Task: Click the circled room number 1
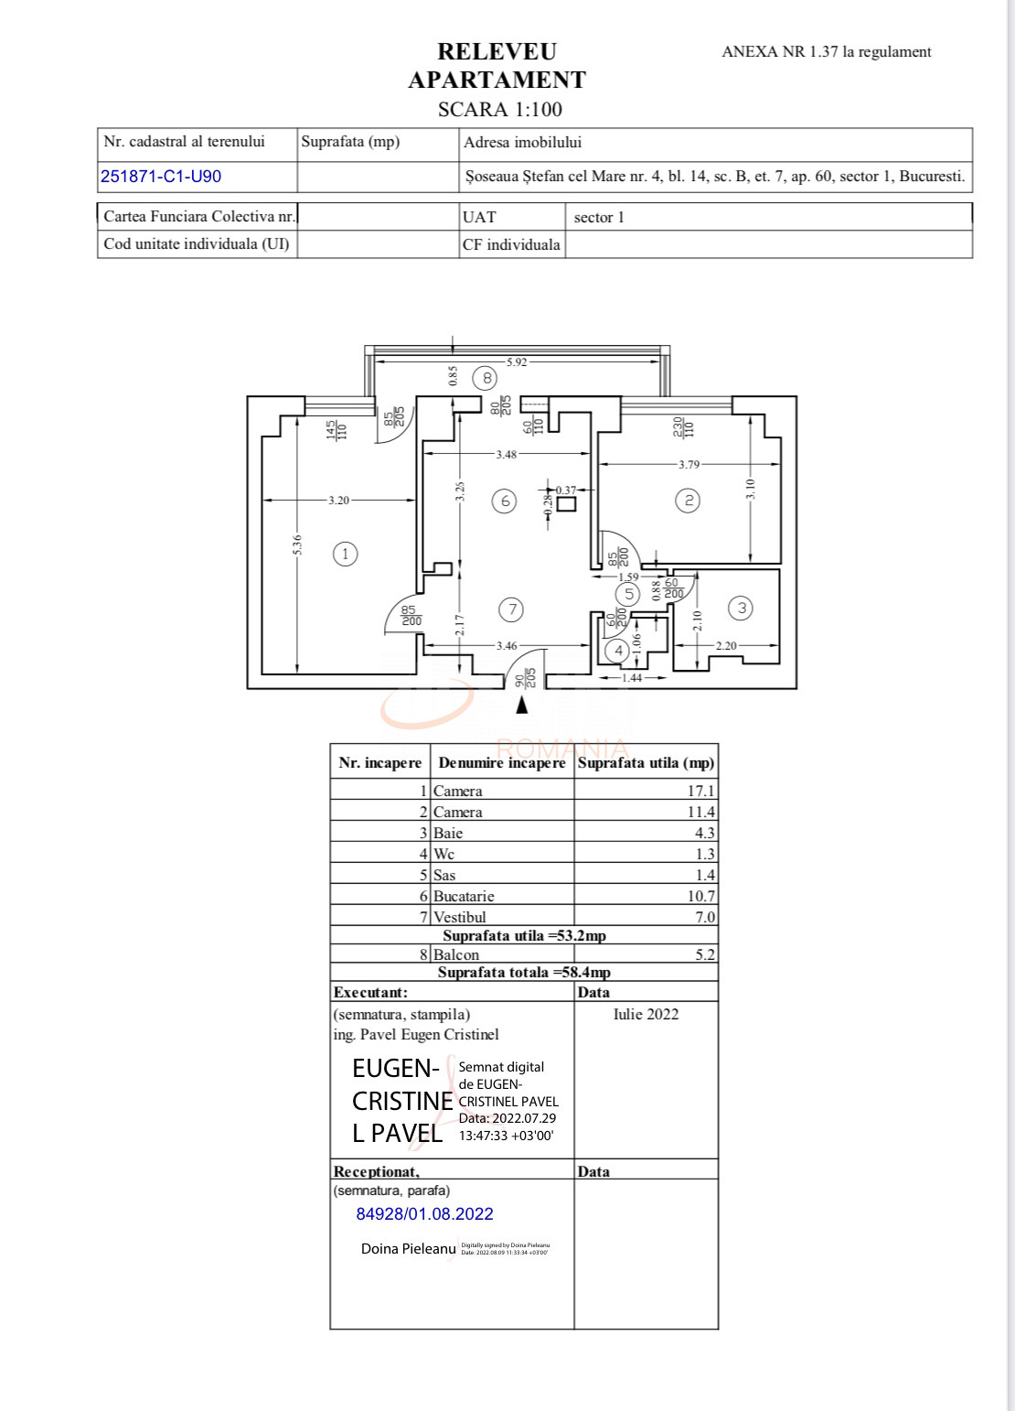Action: click(345, 554)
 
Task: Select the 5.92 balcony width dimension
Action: click(517, 362)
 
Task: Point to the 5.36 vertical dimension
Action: click(297, 544)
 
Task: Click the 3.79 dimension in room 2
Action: click(689, 465)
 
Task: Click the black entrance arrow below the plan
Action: click(522, 705)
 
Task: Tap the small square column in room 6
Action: click(567, 502)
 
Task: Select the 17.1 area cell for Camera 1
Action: click(700, 791)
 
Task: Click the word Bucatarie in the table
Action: click(464, 896)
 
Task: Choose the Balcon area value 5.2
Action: click(704, 954)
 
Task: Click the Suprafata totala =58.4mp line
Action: click(524, 973)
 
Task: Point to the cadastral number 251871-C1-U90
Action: click(161, 177)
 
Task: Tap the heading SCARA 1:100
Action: click(499, 110)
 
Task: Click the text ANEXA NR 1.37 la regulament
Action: click(826, 52)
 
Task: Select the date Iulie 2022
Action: click(646, 1014)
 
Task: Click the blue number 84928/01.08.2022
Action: click(424, 1214)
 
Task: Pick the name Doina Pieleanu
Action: click(408, 1248)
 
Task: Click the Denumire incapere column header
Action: click(502, 763)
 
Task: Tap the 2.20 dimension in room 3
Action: click(725, 646)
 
